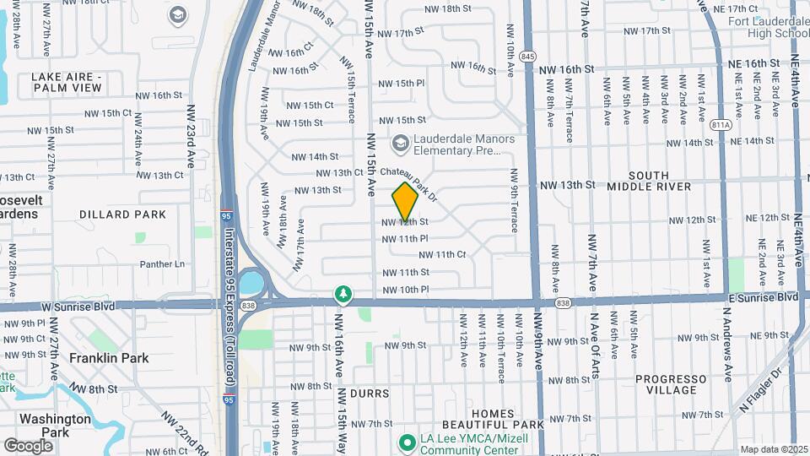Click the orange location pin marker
point(405,201)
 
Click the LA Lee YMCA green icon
point(406,442)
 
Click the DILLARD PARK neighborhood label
point(122,214)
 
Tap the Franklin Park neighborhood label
point(109,358)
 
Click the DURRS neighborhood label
point(369,394)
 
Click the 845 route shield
point(528,56)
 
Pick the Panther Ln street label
point(162,264)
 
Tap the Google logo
point(28,445)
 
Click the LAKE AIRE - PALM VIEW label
point(66,82)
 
